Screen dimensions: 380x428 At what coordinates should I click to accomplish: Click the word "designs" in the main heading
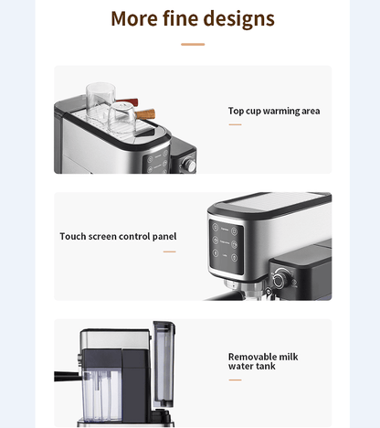click(x=238, y=19)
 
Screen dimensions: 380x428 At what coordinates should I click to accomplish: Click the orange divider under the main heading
click(x=193, y=45)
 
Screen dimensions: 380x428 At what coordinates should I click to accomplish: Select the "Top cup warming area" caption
click(x=274, y=111)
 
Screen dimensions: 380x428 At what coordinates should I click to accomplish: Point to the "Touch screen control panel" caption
click(x=118, y=236)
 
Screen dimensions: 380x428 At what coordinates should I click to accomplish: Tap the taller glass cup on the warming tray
click(x=100, y=102)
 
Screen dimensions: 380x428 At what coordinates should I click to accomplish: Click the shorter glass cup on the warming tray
click(x=121, y=117)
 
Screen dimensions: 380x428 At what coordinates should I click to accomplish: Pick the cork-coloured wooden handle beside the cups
click(x=145, y=114)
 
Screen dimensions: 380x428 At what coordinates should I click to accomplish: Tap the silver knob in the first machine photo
click(x=188, y=165)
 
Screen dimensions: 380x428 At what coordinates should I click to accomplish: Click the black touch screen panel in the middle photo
click(x=227, y=246)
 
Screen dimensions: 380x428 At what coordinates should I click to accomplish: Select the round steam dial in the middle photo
click(x=280, y=279)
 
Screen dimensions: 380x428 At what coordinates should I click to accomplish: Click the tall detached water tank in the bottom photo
click(x=164, y=364)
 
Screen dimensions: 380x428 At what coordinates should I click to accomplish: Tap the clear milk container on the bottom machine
click(x=101, y=395)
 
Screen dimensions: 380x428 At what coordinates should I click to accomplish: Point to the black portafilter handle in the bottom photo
click(x=68, y=377)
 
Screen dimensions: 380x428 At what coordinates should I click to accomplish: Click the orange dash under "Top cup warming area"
click(x=235, y=124)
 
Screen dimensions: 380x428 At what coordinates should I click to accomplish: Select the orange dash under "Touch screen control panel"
click(x=170, y=251)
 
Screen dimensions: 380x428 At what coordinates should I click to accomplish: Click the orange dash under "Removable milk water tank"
click(x=235, y=380)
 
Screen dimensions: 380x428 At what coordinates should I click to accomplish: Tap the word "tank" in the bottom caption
click(x=266, y=366)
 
